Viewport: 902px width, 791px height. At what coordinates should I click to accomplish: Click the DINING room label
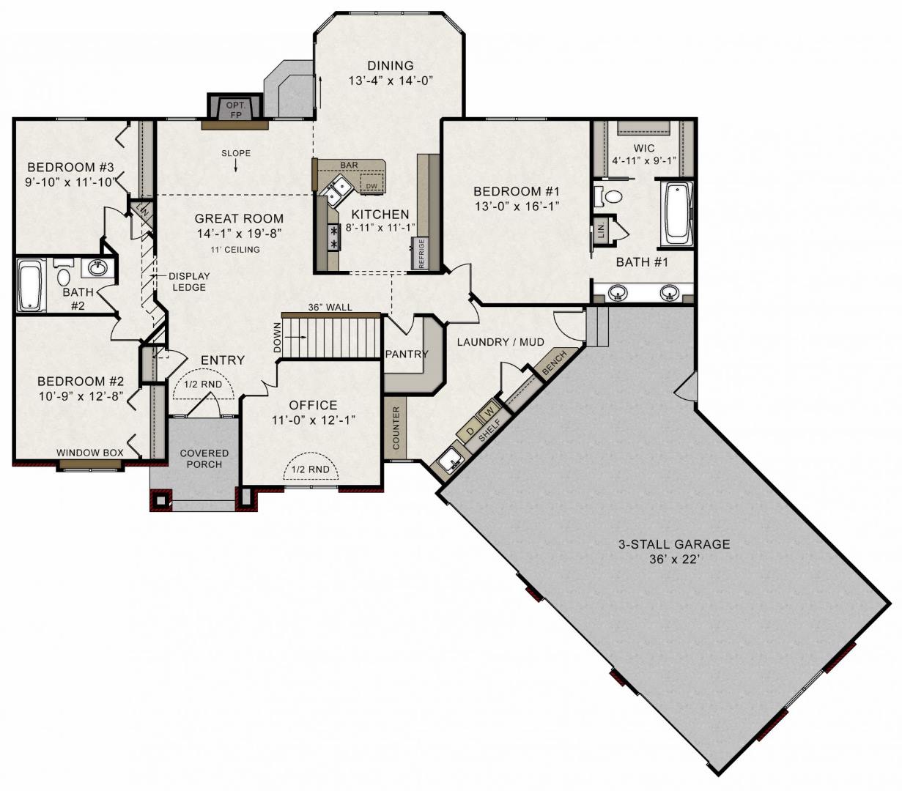point(391,65)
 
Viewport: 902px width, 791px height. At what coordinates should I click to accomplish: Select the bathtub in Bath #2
point(32,286)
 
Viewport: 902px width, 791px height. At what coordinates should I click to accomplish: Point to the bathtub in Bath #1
point(678,213)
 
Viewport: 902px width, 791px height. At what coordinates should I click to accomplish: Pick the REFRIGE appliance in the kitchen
point(421,253)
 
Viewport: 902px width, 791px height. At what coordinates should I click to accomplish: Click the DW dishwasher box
point(371,185)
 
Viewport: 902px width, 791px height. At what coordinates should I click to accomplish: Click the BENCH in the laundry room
point(555,363)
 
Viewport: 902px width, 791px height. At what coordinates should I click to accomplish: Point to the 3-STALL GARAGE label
point(674,544)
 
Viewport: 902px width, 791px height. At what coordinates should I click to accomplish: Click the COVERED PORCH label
point(204,458)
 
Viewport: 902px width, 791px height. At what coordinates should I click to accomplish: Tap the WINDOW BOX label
point(89,453)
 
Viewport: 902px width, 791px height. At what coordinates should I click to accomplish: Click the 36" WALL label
point(330,307)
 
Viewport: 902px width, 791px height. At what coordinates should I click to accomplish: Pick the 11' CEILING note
point(235,250)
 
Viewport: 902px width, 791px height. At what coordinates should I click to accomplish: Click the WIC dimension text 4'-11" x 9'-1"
point(644,160)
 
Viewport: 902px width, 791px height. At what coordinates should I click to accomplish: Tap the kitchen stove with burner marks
point(333,237)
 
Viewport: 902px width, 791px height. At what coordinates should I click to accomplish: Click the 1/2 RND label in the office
point(310,469)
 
